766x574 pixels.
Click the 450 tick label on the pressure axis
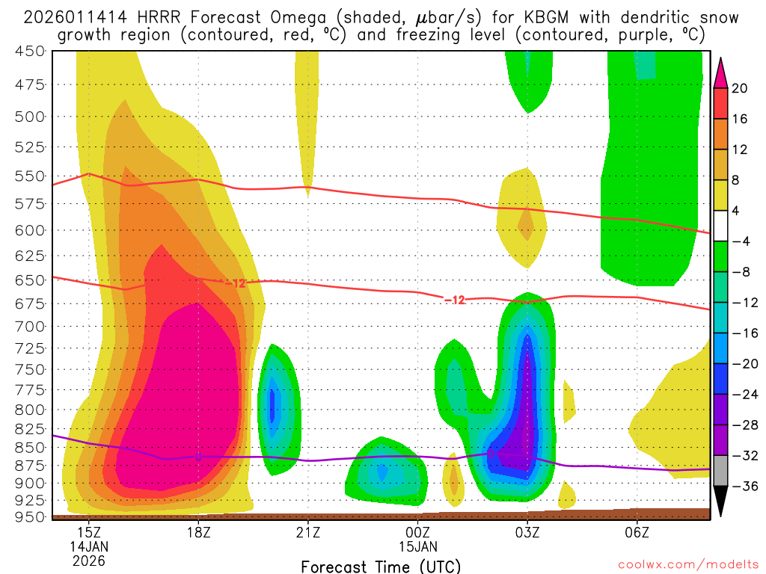click(30, 51)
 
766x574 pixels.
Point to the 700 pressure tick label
click(30, 326)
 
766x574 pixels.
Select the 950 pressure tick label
click(30, 516)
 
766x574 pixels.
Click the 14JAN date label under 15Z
click(89, 546)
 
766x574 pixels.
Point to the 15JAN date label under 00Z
click(417, 546)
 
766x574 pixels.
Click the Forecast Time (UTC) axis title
click(381, 566)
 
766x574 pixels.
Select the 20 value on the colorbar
click(740, 88)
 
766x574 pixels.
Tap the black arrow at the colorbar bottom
click(720, 502)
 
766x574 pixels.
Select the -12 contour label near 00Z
click(455, 300)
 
